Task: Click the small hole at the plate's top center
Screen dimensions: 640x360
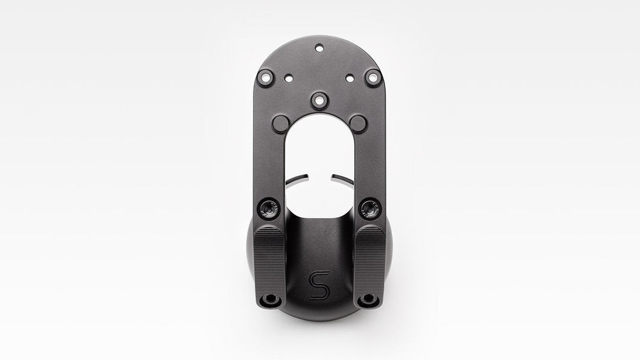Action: [x=319, y=48]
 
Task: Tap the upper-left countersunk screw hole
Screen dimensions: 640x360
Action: [x=266, y=77]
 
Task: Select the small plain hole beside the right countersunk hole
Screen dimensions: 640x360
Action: [x=350, y=77]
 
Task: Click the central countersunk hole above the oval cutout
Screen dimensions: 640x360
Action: [x=319, y=100]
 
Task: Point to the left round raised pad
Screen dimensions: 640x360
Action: [x=281, y=124]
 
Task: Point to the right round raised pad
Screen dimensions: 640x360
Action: [x=359, y=123]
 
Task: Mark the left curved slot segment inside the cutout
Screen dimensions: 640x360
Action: [x=296, y=179]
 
